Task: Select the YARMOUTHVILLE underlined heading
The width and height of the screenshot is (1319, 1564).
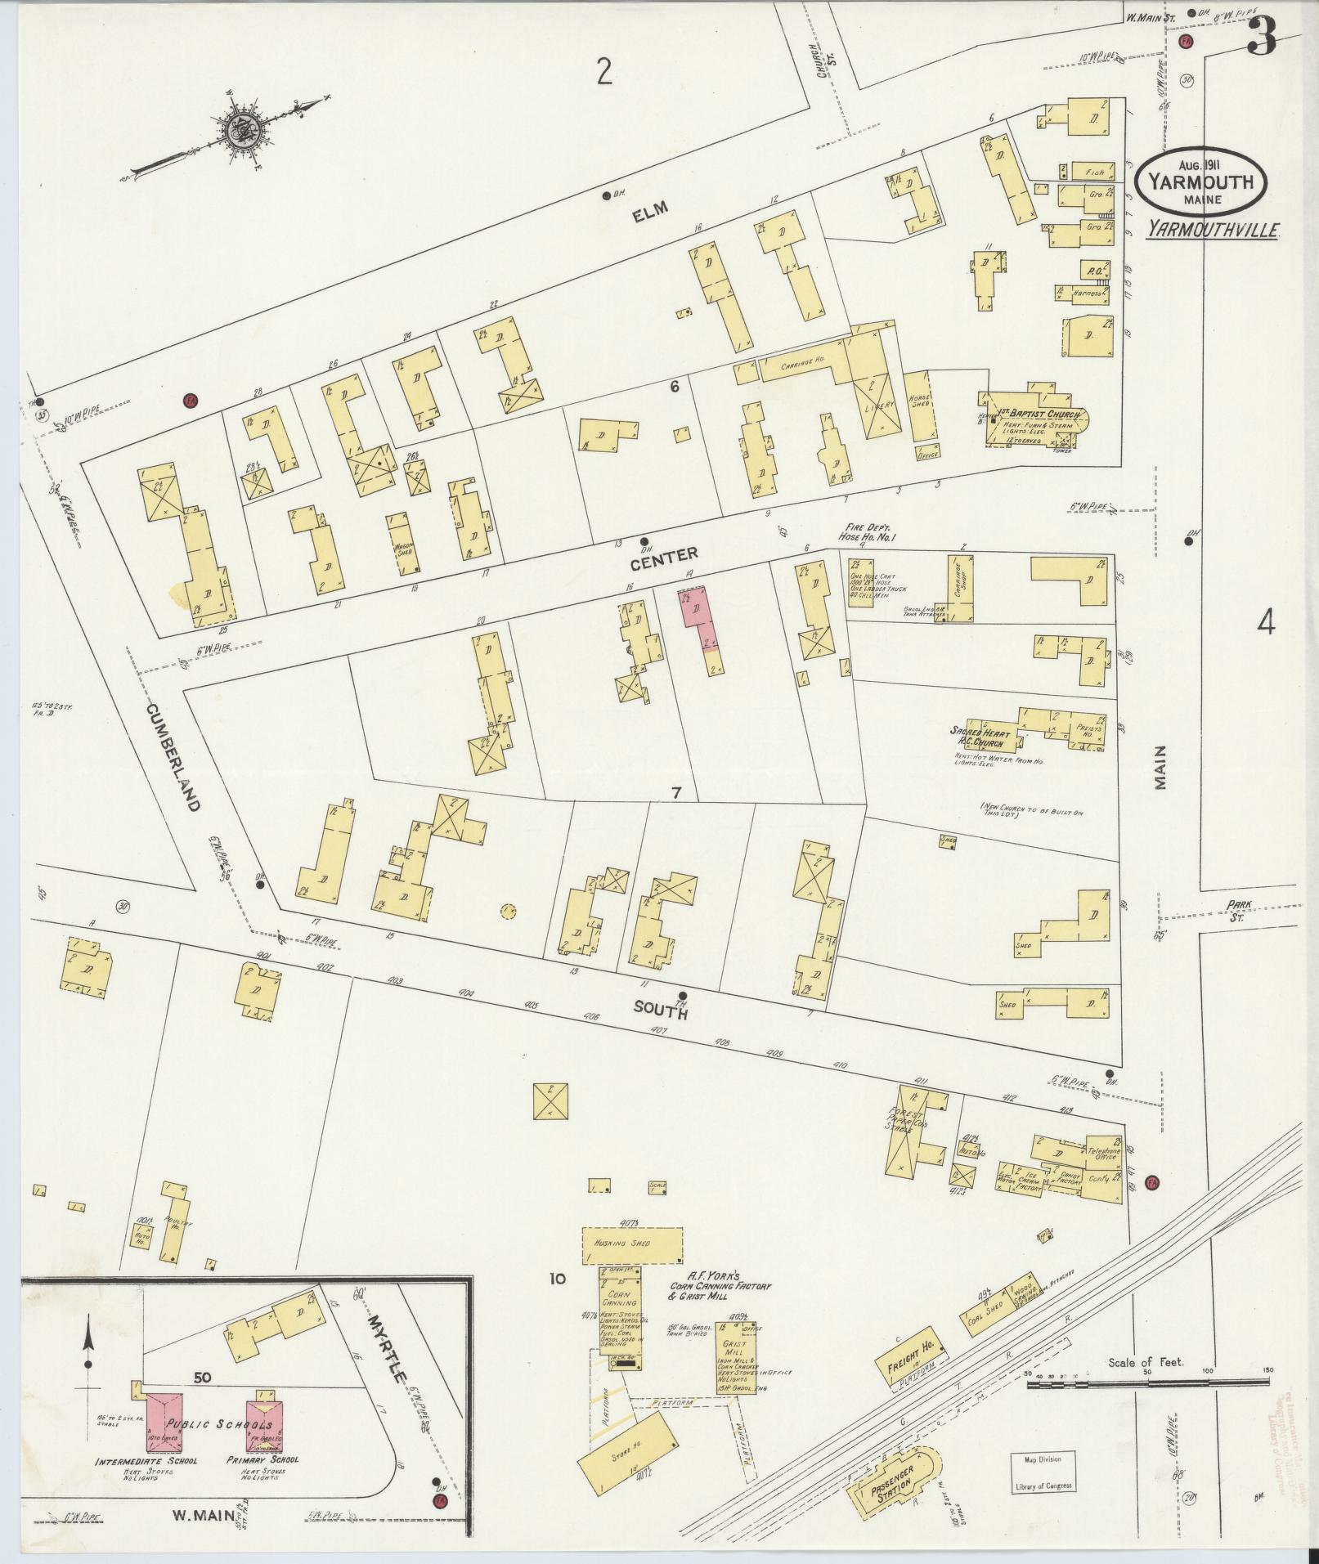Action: click(x=1212, y=231)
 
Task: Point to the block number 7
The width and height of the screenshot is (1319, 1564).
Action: click(x=676, y=792)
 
